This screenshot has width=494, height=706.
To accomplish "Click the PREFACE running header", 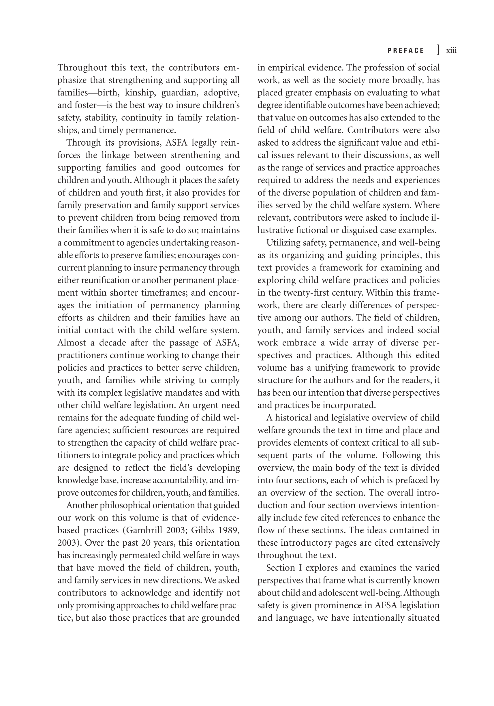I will click(x=405, y=51).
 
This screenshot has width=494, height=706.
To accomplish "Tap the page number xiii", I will click(x=451, y=51).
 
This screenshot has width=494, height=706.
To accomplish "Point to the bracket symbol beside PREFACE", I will click(x=438, y=50).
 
